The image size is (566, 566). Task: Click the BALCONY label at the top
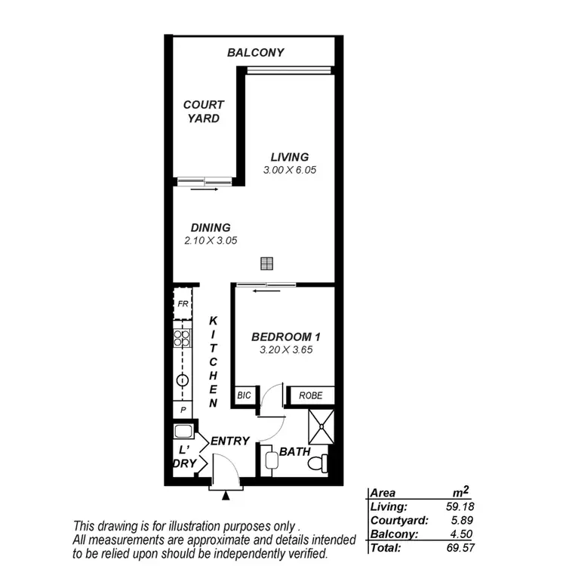click(256, 53)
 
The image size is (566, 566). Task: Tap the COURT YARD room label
click(204, 112)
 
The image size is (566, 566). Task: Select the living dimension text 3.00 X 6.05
click(289, 171)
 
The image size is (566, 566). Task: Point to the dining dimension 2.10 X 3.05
click(211, 241)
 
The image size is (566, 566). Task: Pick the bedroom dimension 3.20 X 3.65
click(285, 350)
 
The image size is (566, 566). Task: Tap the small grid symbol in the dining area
click(266, 263)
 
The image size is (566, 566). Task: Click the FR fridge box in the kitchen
click(183, 305)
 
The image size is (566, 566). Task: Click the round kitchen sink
click(182, 380)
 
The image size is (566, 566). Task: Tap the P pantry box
click(182, 410)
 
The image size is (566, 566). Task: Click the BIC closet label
click(245, 395)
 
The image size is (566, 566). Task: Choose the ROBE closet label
click(310, 395)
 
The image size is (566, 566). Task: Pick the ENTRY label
click(229, 441)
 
